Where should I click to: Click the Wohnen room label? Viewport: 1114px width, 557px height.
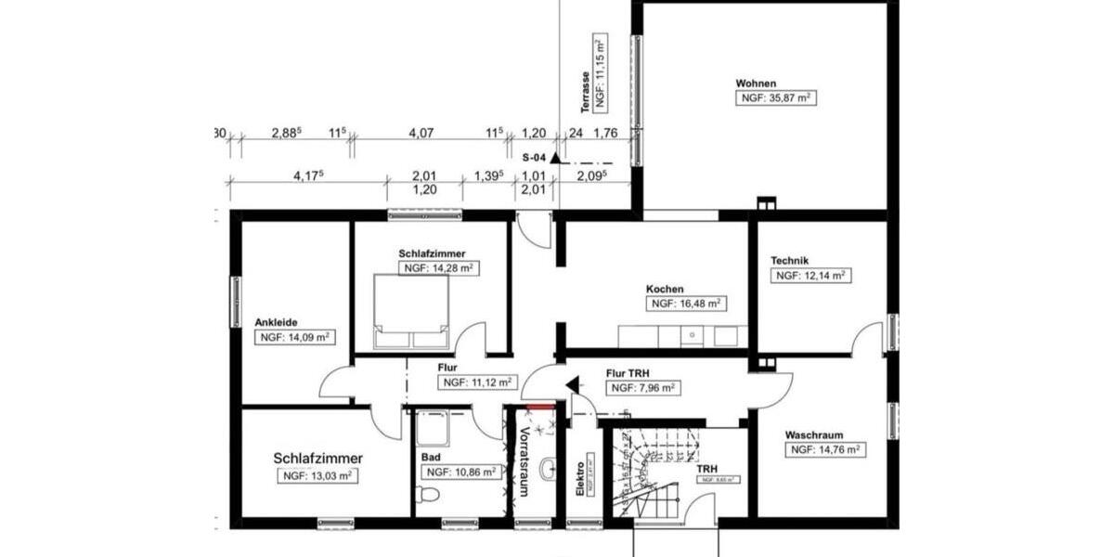pyautogui.click(x=756, y=83)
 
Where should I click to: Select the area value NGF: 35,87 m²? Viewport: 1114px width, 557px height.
pyautogui.click(x=776, y=97)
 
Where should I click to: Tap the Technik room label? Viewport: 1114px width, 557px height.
pyautogui.click(x=791, y=261)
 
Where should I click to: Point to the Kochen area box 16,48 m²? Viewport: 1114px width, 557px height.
pyautogui.click(x=687, y=304)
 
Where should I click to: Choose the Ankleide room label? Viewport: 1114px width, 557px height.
pyautogui.click(x=276, y=322)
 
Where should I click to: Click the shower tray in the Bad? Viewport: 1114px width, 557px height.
pyautogui.click(x=433, y=428)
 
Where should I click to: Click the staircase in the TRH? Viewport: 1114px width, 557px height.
pyautogui.click(x=650, y=473)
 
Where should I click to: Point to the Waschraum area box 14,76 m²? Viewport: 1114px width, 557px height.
pyautogui.click(x=825, y=450)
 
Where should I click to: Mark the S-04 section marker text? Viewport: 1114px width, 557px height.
pyautogui.click(x=534, y=158)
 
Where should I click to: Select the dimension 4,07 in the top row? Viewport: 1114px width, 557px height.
pyautogui.click(x=421, y=134)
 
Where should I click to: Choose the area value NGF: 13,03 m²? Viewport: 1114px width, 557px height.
pyautogui.click(x=317, y=475)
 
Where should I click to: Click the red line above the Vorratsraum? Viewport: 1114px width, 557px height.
pyautogui.click(x=539, y=406)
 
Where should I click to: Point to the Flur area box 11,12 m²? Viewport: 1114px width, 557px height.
pyautogui.click(x=476, y=382)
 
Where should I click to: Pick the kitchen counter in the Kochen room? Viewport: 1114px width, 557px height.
pyautogui.click(x=682, y=335)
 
